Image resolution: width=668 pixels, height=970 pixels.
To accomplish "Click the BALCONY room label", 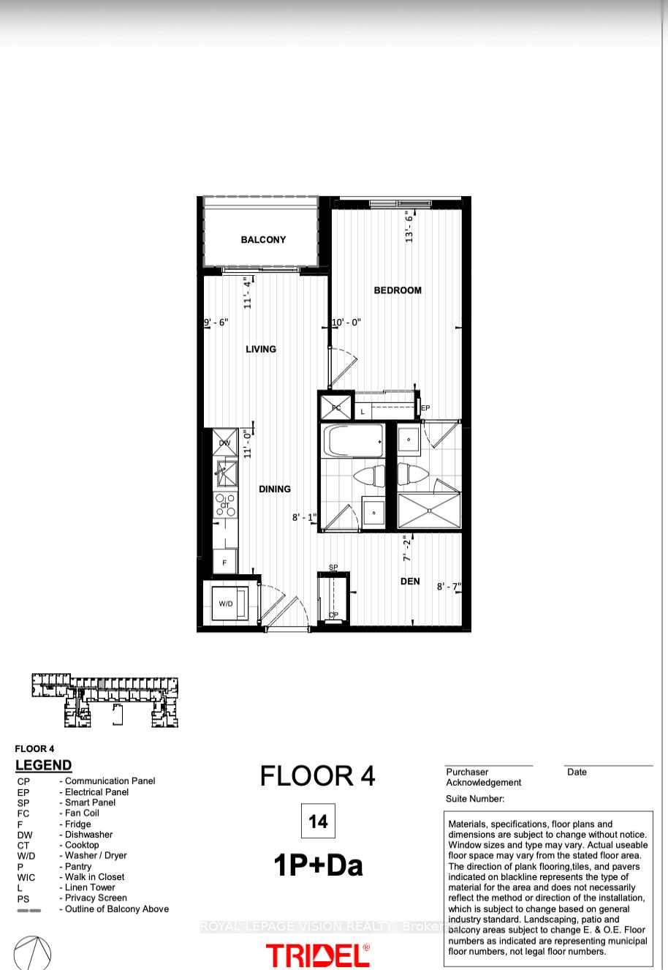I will (x=263, y=240).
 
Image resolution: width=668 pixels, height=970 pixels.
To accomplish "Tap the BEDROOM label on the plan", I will (x=398, y=290).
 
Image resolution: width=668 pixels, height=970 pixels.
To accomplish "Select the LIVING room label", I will (x=261, y=350).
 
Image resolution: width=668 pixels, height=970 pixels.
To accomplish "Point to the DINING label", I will (x=275, y=489).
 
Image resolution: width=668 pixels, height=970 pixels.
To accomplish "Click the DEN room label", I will (x=410, y=582).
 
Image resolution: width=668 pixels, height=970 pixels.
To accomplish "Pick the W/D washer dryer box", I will (x=227, y=604).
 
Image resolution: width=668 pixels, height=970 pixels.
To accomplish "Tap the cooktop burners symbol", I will (x=226, y=505).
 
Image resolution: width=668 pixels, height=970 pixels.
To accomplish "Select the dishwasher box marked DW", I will (x=225, y=443).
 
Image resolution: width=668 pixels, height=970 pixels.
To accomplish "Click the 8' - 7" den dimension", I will (x=449, y=587).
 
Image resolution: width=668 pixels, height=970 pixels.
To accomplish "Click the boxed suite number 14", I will (x=318, y=822).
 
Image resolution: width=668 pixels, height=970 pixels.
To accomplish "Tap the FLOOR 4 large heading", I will (x=318, y=776).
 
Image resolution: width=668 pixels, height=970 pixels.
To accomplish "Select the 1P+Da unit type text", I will (x=318, y=866).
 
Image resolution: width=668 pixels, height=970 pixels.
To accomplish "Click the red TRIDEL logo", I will (x=318, y=955).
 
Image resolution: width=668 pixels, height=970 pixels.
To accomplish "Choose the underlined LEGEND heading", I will (x=44, y=765).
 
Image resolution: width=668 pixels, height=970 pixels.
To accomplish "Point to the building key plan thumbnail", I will (x=105, y=700).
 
